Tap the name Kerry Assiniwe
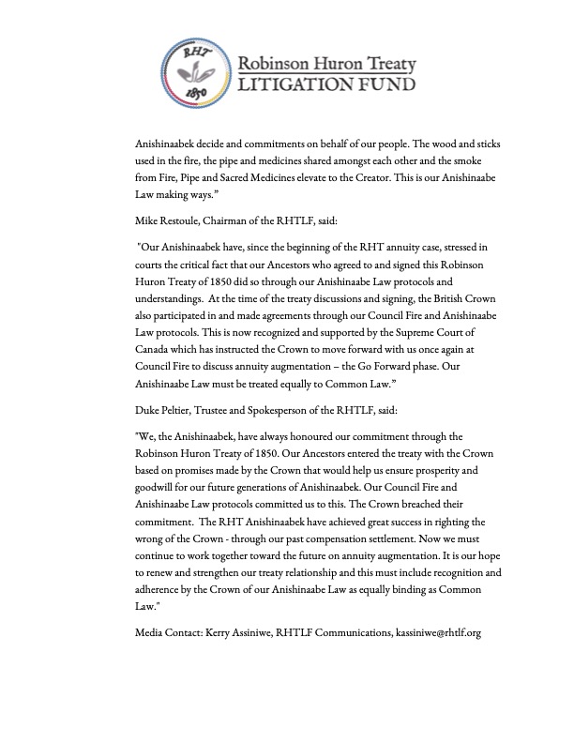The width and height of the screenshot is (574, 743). pyautogui.click(x=239, y=633)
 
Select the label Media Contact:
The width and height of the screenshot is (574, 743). pyautogui.click(x=169, y=633)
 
